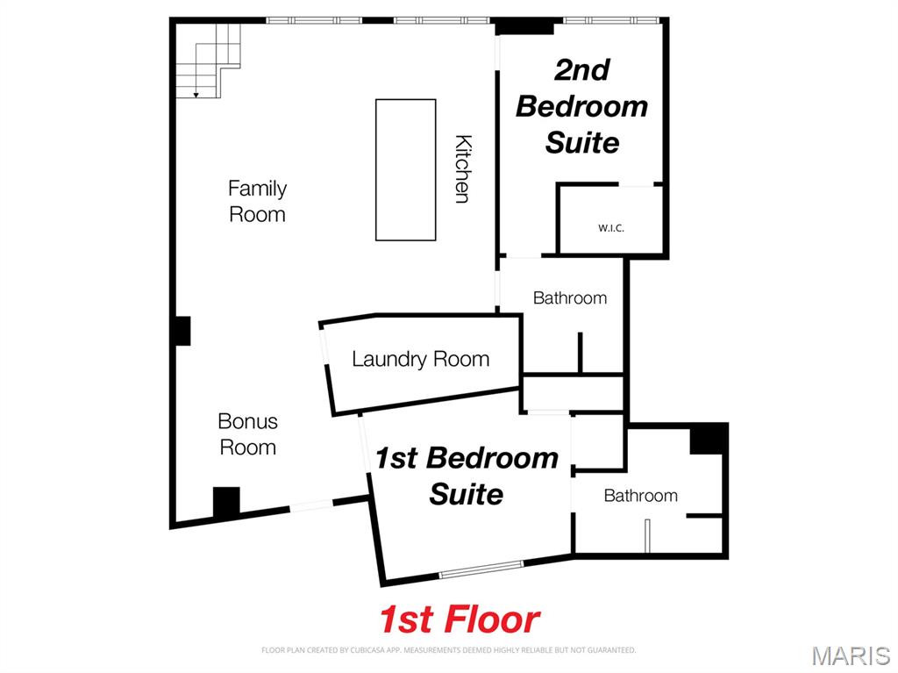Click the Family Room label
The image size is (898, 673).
point(257,201)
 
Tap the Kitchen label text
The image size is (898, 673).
point(463,168)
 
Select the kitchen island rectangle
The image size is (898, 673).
point(405,169)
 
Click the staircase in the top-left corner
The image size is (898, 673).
point(209,59)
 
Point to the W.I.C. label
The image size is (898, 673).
point(611,228)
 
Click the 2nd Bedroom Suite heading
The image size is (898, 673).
point(581,106)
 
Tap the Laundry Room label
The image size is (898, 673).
point(420,359)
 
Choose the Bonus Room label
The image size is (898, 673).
point(247,434)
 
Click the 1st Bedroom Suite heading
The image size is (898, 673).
point(467,476)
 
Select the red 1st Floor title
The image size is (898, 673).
point(460,619)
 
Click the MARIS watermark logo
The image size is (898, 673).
point(850,655)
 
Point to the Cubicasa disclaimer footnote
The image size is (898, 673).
point(448,650)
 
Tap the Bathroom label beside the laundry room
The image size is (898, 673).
point(570,298)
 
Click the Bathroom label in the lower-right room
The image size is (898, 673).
point(640,496)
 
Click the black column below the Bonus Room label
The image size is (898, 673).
point(226,502)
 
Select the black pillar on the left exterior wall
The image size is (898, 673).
point(181,331)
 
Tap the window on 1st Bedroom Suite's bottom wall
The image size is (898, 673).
point(481,569)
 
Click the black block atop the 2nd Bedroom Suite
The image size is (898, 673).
point(524,26)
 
